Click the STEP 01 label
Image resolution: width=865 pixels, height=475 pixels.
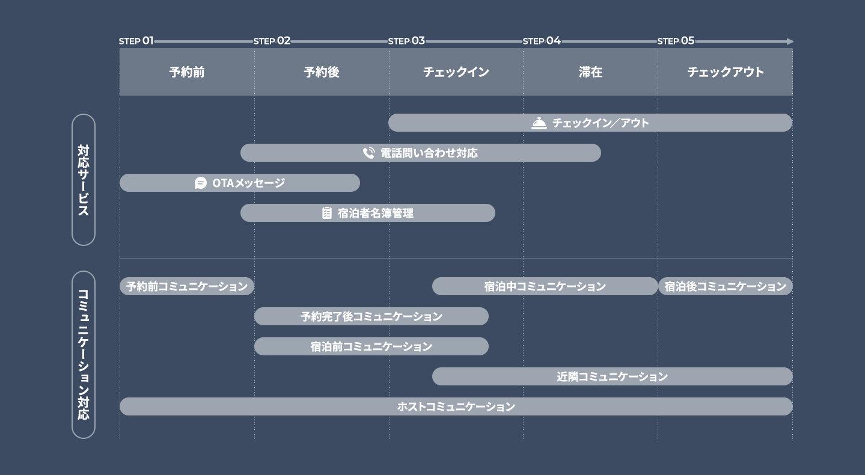(x=136, y=40)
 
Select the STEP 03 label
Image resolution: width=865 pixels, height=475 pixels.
(x=406, y=40)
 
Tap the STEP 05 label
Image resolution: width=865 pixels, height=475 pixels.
(x=676, y=40)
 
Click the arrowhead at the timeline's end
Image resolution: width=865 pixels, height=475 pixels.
(x=790, y=41)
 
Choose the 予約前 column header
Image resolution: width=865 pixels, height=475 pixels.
(x=187, y=72)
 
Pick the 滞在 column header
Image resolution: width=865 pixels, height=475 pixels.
(x=591, y=72)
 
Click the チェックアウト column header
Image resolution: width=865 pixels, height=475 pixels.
(x=726, y=72)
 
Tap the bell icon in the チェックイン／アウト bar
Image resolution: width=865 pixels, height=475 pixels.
(x=539, y=123)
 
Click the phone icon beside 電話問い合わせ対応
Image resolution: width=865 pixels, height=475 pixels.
(x=369, y=153)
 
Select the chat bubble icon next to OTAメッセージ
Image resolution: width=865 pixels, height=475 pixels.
(x=200, y=183)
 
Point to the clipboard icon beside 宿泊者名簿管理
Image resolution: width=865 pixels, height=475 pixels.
(x=326, y=213)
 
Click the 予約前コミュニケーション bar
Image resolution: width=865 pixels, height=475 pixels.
(x=187, y=286)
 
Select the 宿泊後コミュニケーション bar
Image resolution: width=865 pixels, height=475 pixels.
(x=726, y=286)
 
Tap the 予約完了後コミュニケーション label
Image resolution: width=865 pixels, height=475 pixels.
(x=371, y=317)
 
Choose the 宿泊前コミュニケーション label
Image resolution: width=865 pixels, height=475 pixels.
(x=371, y=346)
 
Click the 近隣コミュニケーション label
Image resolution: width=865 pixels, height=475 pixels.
(x=612, y=376)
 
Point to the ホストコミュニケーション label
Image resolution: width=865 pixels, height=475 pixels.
(x=456, y=406)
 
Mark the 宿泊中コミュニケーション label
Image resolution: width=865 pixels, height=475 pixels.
(x=545, y=286)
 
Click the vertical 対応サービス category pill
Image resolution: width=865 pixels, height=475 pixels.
(x=84, y=180)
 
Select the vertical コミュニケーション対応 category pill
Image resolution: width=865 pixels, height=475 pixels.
(x=84, y=355)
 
